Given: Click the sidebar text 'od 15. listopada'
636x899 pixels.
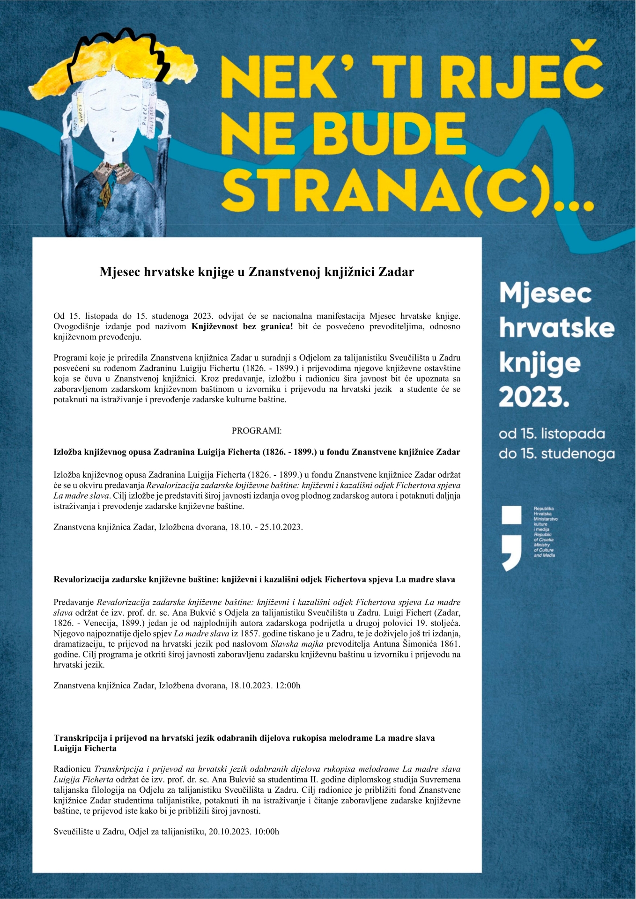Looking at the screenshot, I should coord(552,434).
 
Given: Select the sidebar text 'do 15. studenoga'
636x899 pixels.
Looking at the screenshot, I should coord(556,454).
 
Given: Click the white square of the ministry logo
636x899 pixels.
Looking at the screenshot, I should coord(511,515).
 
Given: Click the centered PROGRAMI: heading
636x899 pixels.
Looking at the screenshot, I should coord(257,431).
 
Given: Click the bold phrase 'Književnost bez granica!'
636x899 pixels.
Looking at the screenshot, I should coord(242,326).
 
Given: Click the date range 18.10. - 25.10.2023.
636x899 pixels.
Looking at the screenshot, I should coord(266,527).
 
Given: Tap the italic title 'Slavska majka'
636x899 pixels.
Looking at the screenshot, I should coord(297,644).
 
